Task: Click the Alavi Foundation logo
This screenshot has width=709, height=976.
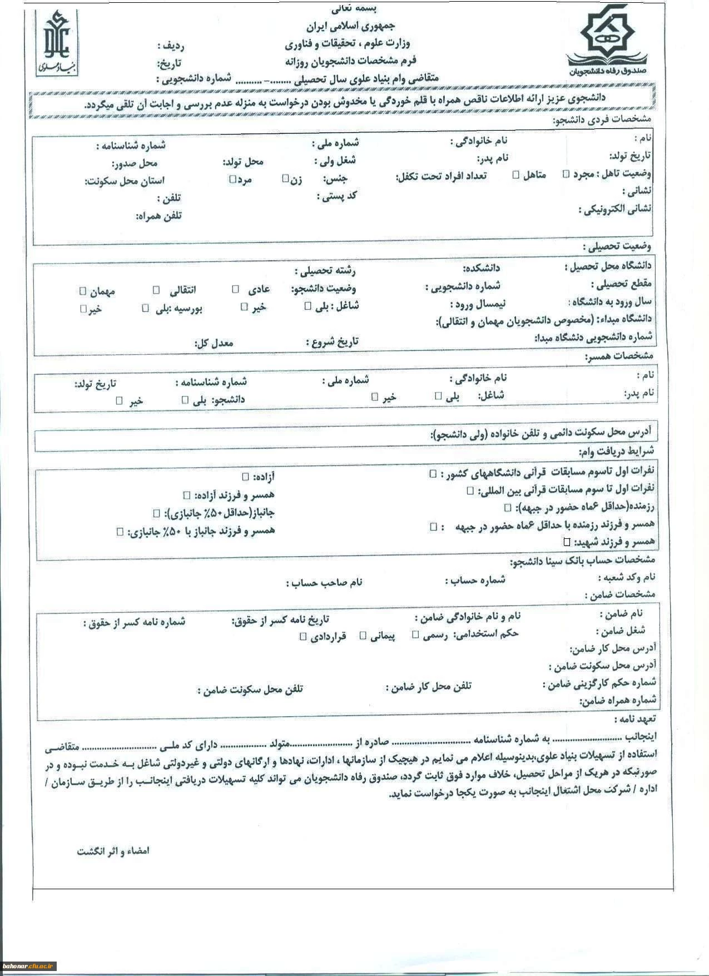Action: tap(57, 43)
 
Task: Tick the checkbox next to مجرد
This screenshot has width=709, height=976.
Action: tap(566, 174)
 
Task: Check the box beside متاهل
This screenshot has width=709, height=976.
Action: tap(516, 175)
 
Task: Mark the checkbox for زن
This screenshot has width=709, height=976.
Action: tap(285, 179)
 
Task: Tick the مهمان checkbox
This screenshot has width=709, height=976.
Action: tap(83, 290)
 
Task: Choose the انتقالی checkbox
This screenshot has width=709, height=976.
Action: tap(157, 290)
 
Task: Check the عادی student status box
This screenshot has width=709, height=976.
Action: tap(236, 289)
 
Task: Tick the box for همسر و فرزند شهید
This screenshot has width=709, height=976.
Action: tap(567, 541)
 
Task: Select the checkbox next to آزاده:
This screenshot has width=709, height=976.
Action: tap(245, 477)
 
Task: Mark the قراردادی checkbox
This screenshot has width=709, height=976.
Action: tap(303, 636)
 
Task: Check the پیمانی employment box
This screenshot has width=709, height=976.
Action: tap(363, 635)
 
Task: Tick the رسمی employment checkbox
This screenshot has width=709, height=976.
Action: tap(415, 635)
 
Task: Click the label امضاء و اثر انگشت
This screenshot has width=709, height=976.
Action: tap(113, 851)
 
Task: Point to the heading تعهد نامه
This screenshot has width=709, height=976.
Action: tap(635, 719)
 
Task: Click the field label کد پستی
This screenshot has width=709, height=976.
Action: tap(337, 196)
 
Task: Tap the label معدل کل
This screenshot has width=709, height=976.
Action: tap(214, 343)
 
